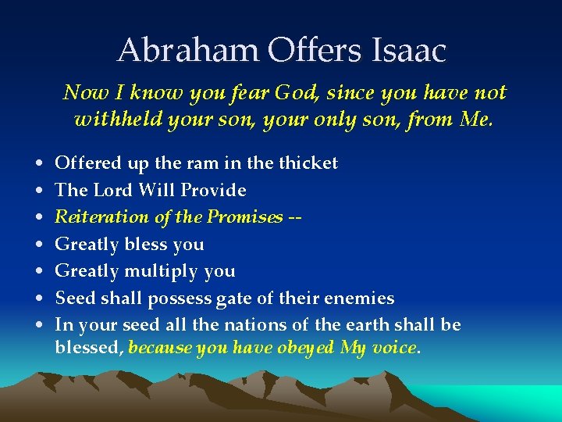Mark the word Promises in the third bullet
point(243,217)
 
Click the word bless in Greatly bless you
point(149,244)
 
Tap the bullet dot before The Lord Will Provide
point(39,191)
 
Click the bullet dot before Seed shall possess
point(39,299)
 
